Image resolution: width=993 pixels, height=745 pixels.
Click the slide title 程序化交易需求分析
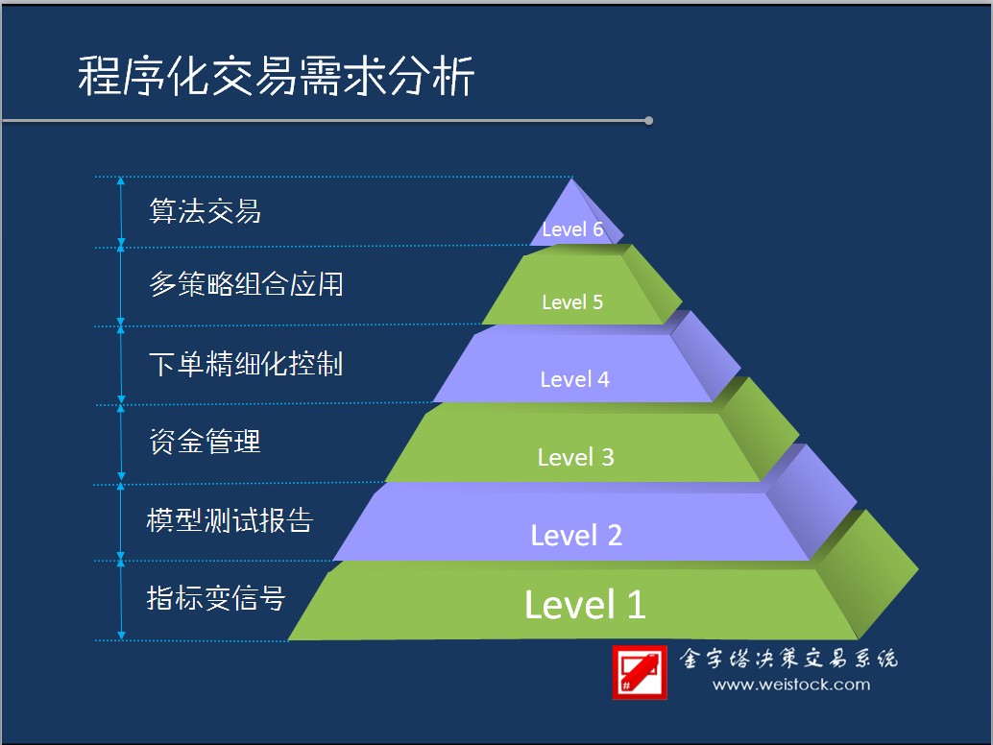coord(277,76)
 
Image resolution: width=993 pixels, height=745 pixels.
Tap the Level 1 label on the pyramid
coord(585,605)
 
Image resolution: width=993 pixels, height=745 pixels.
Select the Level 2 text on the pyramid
coord(576,535)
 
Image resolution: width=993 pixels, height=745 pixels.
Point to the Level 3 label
coord(575,457)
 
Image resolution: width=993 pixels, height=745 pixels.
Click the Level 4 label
coord(574,379)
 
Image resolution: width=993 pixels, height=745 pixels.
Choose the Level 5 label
coord(572,301)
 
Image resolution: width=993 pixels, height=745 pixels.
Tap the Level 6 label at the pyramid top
coord(572,229)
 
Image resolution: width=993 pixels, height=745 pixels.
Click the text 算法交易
coord(205,211)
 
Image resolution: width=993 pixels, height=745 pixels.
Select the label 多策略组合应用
coord(247,284)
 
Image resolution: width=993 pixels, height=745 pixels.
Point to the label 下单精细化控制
coord(246,364)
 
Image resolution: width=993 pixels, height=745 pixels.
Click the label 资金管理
coord(205,442)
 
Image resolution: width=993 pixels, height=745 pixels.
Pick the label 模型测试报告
coord(230,520)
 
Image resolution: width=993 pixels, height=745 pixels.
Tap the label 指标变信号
coord(216,597)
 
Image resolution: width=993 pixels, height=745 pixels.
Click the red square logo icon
coord(640,672)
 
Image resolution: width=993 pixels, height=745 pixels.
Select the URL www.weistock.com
coord(791,685)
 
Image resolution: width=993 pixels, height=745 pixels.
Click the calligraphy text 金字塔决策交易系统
coord(788,659)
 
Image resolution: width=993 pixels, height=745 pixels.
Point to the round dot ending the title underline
coord(648,120)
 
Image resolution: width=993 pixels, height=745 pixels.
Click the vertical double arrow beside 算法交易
coord(121,212)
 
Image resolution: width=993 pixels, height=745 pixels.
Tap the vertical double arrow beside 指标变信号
coord(121,600)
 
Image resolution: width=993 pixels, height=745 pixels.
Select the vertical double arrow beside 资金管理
coord(121,444)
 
